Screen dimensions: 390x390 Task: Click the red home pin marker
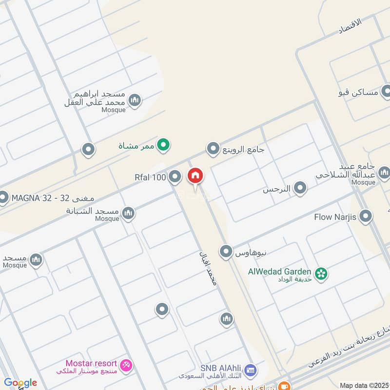tap(195, 176)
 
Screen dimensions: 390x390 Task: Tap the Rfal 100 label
tap(150, 177)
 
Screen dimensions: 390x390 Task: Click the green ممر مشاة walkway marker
tap(165, 144)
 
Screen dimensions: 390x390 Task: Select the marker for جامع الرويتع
tap(213, 149)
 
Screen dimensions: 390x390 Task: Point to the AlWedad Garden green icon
tap(321, 273)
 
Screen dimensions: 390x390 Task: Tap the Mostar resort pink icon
tap(126, 365)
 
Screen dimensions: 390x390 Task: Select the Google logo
tap(20, 383)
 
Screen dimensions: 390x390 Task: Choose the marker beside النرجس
tap(300, 188)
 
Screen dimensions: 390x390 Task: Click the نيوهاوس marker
tap(226, 252)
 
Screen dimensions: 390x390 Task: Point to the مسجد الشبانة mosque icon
tap(128, 213)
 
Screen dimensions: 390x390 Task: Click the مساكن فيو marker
tap(387, 91)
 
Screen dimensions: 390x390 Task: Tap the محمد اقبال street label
tap(207, 268)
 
